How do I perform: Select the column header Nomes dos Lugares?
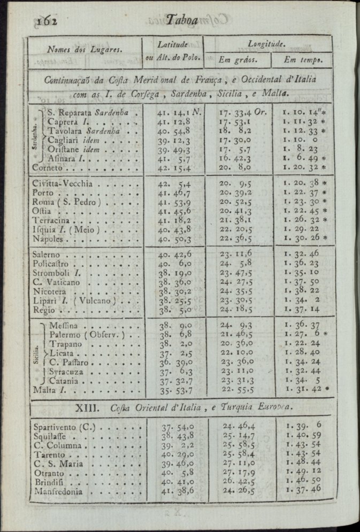click(x=85, y=50)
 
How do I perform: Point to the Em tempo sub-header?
click(x=303, y=59)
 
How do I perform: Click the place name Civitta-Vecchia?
click(x=63, y=184)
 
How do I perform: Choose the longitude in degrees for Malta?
click(x=237, y=390)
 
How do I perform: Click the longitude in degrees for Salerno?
click(x=236, y=255)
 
